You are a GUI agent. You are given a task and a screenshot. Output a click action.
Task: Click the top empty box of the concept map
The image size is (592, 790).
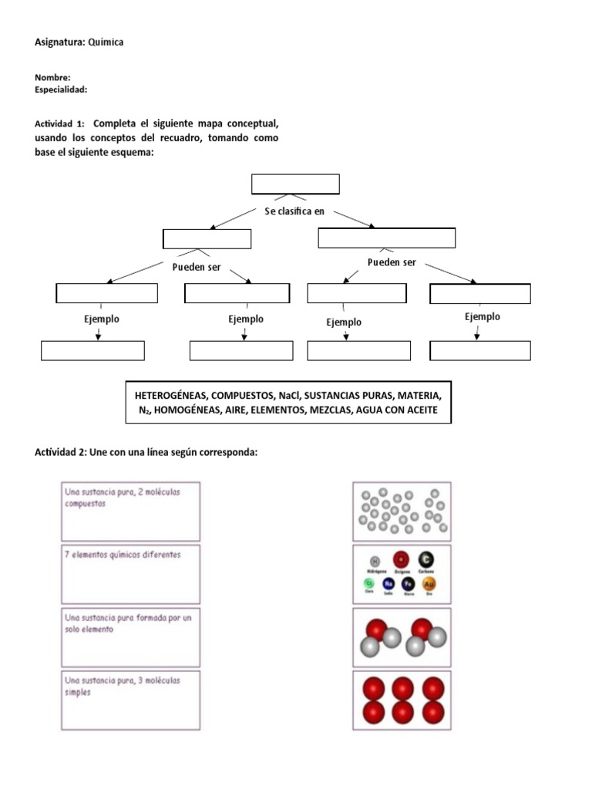pyautogui.click(x=295, y=184)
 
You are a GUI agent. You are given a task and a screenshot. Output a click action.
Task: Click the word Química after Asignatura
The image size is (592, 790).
pyautogui.click(x=106, y=42)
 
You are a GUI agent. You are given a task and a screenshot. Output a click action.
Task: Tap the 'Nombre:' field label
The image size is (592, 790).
pyautogui.click(x=52, y=78)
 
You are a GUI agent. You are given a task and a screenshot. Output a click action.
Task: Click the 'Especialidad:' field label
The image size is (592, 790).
pyautogui.click(x=61, y=89)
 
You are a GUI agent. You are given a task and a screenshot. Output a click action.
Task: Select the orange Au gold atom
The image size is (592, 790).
pyautogui.click(x=430, y=584)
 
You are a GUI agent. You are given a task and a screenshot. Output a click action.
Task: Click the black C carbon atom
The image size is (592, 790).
pyautogui.click(x=425, y=559)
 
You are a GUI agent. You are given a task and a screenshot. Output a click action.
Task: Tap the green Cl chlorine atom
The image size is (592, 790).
pyautogui.click(x=369, y=584)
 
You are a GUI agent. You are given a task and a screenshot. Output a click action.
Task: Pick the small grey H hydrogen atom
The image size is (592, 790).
pyautogui.click(x=375, y=561)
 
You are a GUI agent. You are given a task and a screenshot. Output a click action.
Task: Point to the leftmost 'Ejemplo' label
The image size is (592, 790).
pyautogui.click(x=102, y=319)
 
